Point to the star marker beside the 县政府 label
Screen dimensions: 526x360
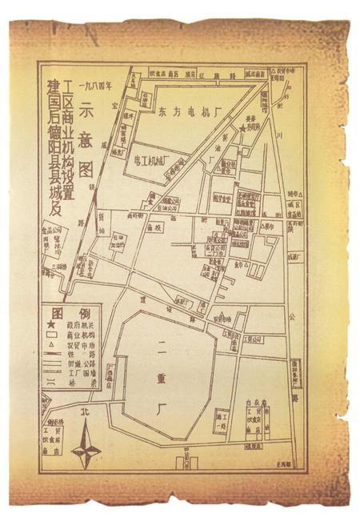click(243, 128)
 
